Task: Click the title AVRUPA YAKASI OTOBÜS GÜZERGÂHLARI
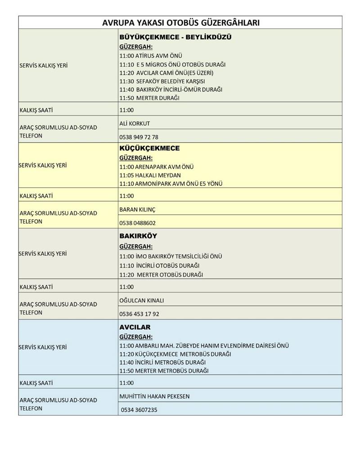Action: click(x=180, y=22)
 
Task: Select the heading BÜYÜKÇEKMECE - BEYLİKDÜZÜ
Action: click(x=175, y=37)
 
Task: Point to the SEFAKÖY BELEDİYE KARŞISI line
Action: click(x=162, y=81)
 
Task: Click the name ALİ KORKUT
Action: click(x=135, y=123)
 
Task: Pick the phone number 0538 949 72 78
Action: click(x=139, y=137)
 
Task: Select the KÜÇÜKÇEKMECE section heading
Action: click(x=149, y=148)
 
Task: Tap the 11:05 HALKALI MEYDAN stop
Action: click(x=150, y=175)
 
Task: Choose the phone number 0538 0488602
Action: click(x=138, y=223)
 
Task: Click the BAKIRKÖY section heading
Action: click(x=138, y=236)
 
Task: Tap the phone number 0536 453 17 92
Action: click(x=139, y=314)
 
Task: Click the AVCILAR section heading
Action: click(x=135, y=327)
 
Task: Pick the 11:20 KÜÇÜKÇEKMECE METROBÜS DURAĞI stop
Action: click(x=175, y=354)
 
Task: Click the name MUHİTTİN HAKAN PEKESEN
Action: click(x=154, y=396)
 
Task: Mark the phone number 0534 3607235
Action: click(x=139, y=410)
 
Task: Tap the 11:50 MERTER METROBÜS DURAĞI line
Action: click(x=164, y=371)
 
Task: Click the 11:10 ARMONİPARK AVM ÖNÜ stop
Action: click(x=171, y=184)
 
